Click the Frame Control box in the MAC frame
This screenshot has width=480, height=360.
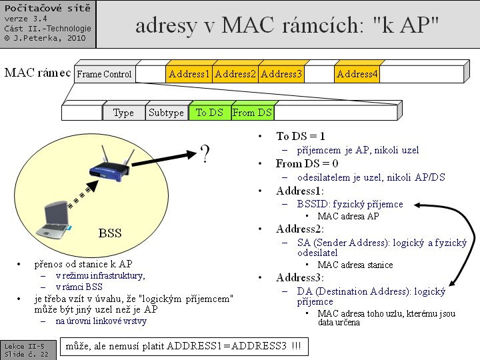tap(105, 74)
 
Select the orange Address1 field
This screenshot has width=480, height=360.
tap(189, 74)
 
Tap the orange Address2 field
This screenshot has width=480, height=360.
tap(235, 74)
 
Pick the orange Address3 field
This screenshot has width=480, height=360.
tap(281, 74)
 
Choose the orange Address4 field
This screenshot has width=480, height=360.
tap(357, 74)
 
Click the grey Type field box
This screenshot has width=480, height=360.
tap(123, 113)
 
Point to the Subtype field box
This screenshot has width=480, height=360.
tap(166, 113)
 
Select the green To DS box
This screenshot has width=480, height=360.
tap(209, 113)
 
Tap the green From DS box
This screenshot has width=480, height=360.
tap(252, 113)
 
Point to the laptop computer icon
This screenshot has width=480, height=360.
tap(56, 219)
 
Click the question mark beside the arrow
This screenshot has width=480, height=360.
tap(205, 155)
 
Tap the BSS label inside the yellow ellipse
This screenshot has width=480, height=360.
tap(110, 233)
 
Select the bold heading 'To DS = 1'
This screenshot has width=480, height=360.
tap(301, 136)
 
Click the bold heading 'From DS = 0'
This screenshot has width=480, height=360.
tap(307, 163)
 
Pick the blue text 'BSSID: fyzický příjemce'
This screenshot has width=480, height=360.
tap(350, 204)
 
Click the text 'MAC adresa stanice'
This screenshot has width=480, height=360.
tap(355, 265)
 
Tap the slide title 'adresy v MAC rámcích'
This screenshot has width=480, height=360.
tap(287, 25)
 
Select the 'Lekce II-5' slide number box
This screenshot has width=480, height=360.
tap(25, 347)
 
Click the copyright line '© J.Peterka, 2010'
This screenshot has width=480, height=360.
tap(45, 38)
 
